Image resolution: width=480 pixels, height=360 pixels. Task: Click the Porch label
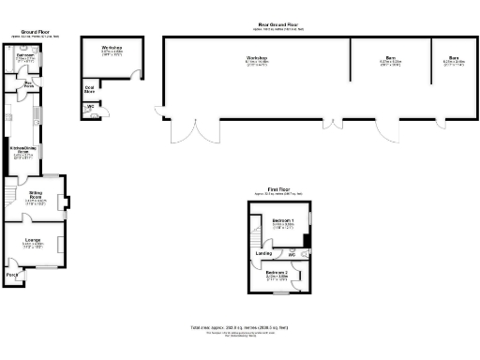12,275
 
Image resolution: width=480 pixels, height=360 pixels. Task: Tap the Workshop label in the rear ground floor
256,59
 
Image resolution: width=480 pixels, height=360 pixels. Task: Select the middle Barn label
390,59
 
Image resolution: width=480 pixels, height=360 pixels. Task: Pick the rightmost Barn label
446,59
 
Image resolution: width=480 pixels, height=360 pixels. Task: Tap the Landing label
264,252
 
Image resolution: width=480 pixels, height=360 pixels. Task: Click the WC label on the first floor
292,254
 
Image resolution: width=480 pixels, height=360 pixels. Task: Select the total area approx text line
239,327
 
